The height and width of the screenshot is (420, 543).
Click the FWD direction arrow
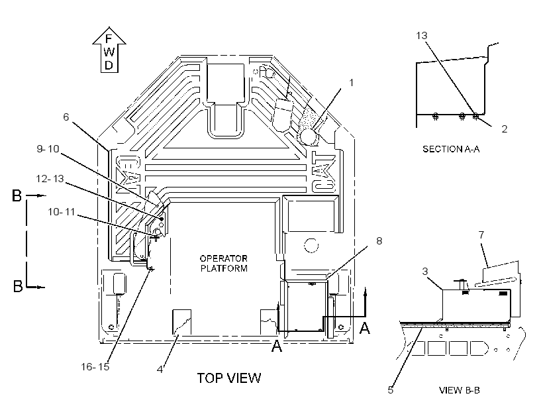[x=109, y=50]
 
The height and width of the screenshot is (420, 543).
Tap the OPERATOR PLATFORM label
[x=224, y=264]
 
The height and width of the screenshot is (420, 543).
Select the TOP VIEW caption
[x=229, y=378]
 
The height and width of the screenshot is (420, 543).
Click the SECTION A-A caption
[x=451, y=149]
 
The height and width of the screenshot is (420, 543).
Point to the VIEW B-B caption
[x=459, y=390]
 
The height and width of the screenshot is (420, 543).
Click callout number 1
[x=351, y=83]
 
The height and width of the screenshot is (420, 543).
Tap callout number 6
[x=66, y=117]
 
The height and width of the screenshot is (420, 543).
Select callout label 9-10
[x=48, y=148]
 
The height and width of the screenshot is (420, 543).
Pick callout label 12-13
[x=50, y=178]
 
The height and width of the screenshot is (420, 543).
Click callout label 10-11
[x=62, y=212]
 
